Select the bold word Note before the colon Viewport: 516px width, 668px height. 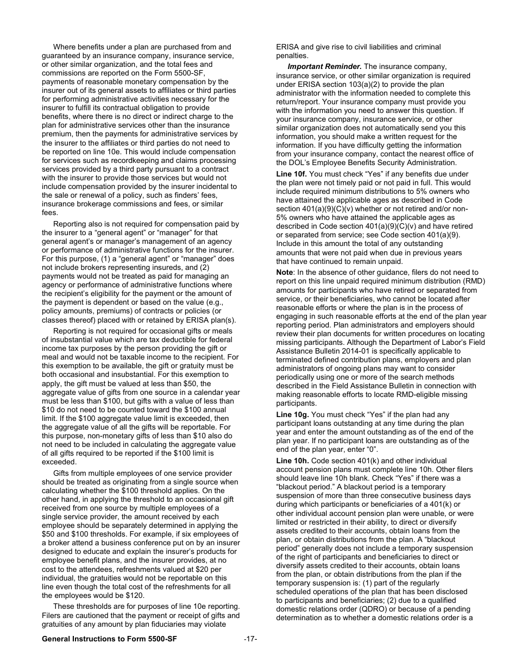tap(284, 273)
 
